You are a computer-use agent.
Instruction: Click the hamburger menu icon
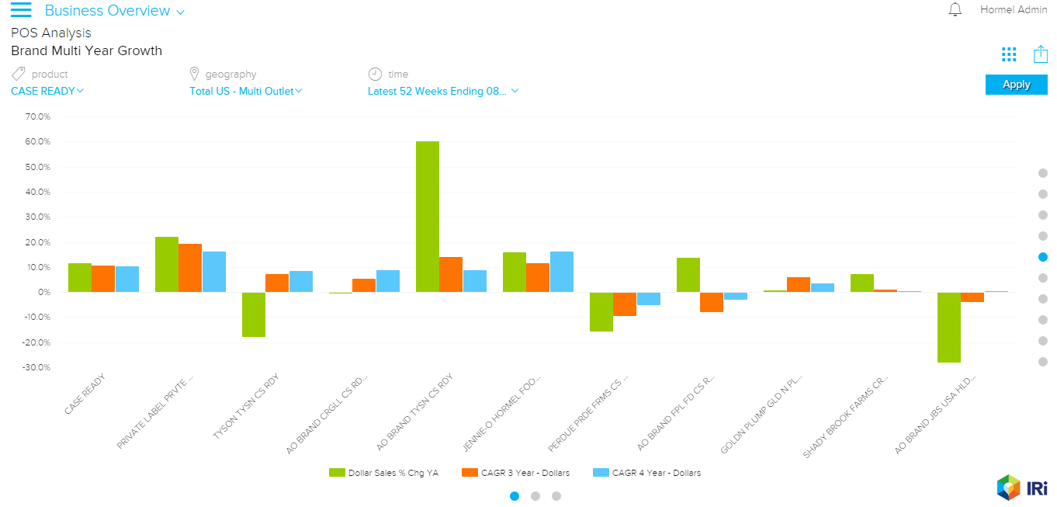pos(21,10)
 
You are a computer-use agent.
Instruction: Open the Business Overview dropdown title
pos(114,11)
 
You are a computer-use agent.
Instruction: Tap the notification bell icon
pos(955,10)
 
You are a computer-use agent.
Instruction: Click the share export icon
pos(1041,54)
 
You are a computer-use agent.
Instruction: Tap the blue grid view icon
pos(1009,54)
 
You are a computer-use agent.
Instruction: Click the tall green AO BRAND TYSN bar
pos(428,217)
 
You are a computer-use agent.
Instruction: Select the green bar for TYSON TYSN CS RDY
pos(254,314)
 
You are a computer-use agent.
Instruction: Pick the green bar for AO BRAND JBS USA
pos(949,327)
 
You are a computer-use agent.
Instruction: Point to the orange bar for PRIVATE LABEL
pos(190,268)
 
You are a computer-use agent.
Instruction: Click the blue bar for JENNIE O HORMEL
pos(562,272)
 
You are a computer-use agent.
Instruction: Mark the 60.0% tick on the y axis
pos(38,142)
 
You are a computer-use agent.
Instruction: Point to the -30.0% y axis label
pos(38,367)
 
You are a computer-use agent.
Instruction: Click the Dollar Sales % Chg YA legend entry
pos(384,473)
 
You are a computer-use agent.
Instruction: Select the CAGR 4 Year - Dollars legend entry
pos(646,473)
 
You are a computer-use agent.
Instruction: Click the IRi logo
pos(1022,488)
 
